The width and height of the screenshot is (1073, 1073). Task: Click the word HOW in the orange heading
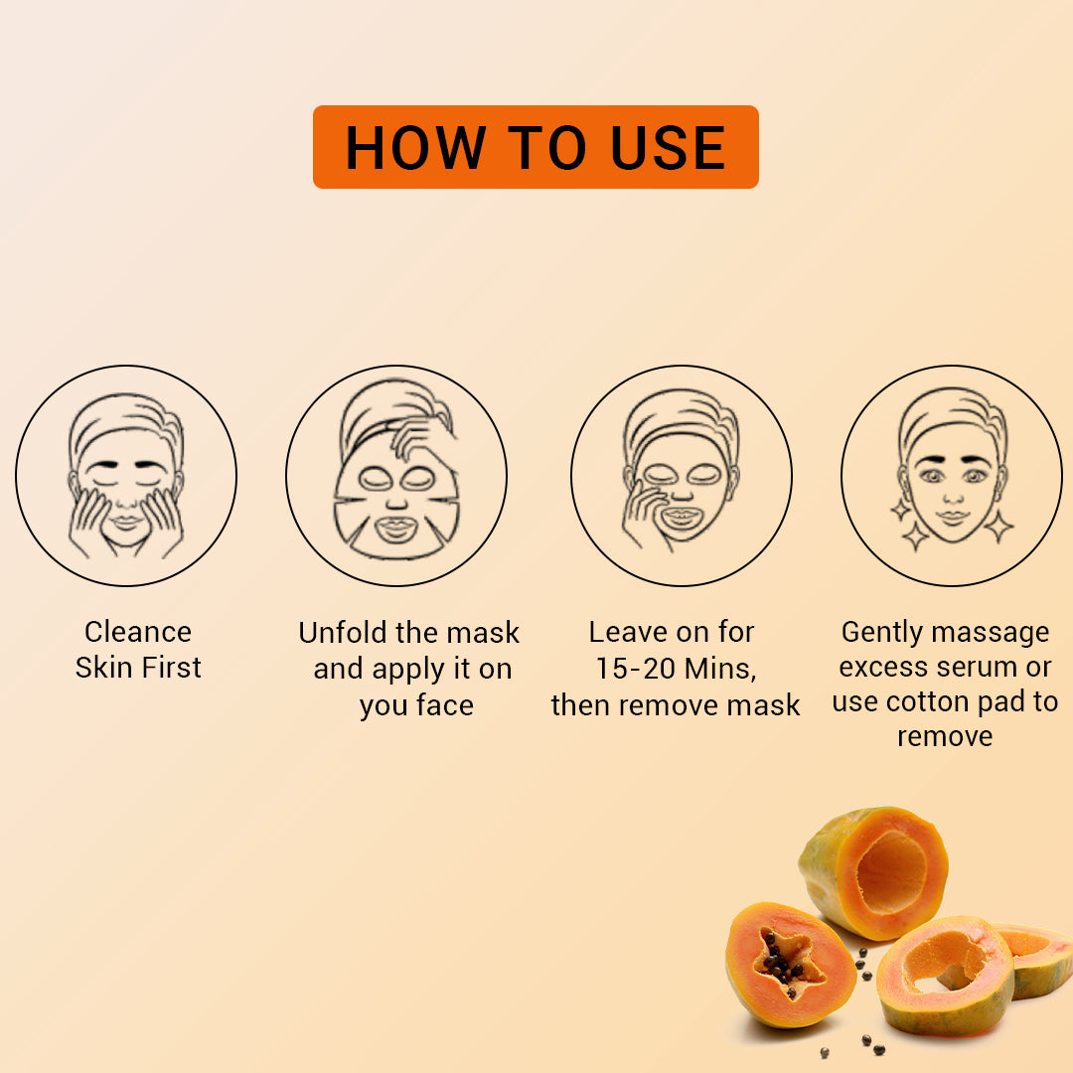tap(415, 148)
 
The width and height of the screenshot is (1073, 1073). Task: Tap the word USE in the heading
tap(668, 148)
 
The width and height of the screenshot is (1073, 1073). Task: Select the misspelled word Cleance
tap(138, 632)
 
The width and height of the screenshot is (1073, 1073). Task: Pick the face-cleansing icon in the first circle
tap(126, 475)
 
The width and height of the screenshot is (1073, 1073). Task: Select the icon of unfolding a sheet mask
tap(396, 475)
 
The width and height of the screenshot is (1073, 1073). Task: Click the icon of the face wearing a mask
tap(682, 475)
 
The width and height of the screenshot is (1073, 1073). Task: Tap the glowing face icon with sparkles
tap(952, 475)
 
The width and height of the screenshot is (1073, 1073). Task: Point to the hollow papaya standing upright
tap(874, 869)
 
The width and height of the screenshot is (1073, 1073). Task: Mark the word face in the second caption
tap(444, 705)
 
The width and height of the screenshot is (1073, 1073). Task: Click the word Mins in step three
tap(718, 669)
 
